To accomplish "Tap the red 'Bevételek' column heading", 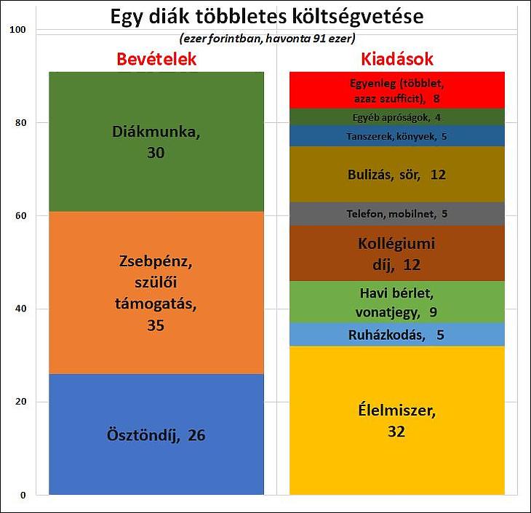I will point(157,60).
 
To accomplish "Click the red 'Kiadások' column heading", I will point(397,60).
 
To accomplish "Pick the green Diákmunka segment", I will point(156,142).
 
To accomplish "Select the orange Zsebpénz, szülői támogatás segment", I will point(156,293).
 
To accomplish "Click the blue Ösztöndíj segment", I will point(156,435).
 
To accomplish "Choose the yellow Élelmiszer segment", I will point(397,421).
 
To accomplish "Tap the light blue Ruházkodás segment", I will point(397,335).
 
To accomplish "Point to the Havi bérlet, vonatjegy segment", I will point(397,303).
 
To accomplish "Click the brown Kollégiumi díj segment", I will point(397,253).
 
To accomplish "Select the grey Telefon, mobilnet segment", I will point(397,214).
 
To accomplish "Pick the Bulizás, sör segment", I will point(397,175).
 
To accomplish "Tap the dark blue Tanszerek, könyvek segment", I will point(397,136).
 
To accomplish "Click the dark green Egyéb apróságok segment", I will point(397,117).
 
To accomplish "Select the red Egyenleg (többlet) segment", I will point(397,90).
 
